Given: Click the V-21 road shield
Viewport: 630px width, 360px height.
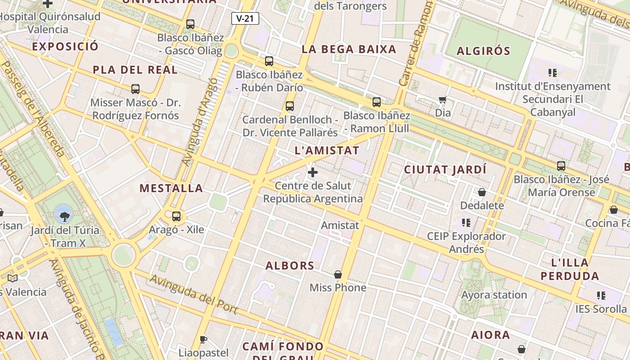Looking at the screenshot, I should click(x=245, y=18).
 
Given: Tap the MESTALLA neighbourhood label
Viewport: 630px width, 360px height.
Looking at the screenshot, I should click(x=171, y=188).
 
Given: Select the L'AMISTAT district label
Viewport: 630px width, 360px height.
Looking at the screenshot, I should click(x=327, y=150).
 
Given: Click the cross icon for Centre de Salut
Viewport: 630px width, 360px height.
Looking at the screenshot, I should click(x=313, y=172).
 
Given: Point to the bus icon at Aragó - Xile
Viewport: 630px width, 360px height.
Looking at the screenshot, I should click(x=176, y=216).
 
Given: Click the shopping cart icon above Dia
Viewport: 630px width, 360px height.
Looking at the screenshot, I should click(x=443, y=99).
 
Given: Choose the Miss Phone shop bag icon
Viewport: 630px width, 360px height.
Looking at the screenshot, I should click(x=338, y=274).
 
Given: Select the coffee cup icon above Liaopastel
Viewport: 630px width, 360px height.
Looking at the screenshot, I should click(x=203, y=339).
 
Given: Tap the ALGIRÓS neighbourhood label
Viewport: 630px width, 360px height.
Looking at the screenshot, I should click(x=484, y=51).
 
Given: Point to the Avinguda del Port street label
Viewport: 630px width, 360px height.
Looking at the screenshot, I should click(x=193, y=294).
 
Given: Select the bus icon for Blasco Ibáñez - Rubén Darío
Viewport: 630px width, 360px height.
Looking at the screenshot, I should click(x=269, y=61).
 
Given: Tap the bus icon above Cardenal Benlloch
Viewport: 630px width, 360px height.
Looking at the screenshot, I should click(x=290, y=106).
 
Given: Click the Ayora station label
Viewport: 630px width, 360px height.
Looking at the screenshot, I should click(x=494, y=295).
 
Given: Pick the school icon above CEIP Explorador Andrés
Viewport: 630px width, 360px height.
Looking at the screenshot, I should click(x=466, y=223).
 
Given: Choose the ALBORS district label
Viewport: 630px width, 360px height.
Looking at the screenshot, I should click(x=290, y=265).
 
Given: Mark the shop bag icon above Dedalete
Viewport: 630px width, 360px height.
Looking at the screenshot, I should click(x=482, y=192).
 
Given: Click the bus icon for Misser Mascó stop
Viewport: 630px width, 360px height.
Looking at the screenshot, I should click(x=135, y=89).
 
